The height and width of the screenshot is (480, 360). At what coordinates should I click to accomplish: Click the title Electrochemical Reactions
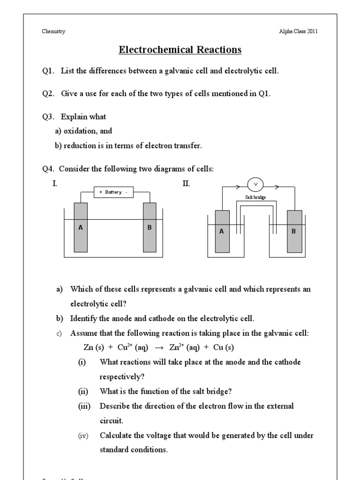180,50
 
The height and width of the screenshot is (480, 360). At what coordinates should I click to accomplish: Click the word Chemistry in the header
53,31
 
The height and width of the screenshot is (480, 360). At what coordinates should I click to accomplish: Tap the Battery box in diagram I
113,192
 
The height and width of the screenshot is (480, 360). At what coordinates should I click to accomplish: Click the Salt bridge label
255,197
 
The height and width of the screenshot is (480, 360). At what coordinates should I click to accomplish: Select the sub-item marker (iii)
85,406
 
